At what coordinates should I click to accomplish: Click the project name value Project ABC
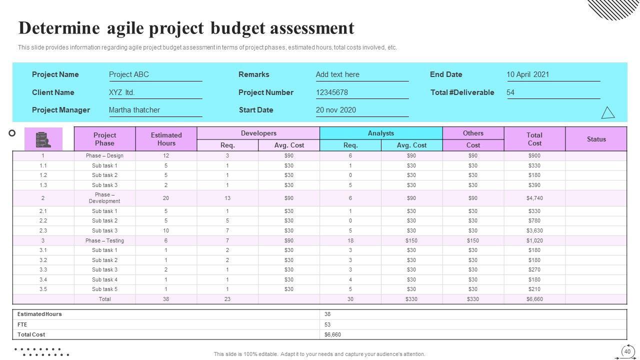tap(129, 74)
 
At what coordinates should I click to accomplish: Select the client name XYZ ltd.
tap(122, 92)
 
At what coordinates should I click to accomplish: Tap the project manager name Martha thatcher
tap(134, 110)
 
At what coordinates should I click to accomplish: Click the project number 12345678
tap(332, 92)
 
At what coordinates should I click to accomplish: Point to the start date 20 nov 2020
tap(336, 110)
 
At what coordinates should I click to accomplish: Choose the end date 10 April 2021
tap(528, 74)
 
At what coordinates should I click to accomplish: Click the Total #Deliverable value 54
tap(510, 92)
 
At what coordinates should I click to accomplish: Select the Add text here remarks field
tap(337, 74)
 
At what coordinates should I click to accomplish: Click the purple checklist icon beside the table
tap(43, 139)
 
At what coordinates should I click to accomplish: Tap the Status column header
tap(596, 139)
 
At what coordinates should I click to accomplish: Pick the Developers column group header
tap(258, 133)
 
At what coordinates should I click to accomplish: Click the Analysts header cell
tap(381, 133)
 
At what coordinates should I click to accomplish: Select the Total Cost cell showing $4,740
tap(534, 198)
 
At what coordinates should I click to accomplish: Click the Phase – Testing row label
tap(104, 240)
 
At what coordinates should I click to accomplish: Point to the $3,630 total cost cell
tap(534, 230)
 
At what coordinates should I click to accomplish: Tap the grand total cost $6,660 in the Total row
tap(534, 299)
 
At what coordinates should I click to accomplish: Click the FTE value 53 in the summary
tap(327, 324)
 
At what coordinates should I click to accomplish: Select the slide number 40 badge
tap(627, 351)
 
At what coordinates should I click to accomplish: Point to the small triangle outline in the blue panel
tap(607, 113)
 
